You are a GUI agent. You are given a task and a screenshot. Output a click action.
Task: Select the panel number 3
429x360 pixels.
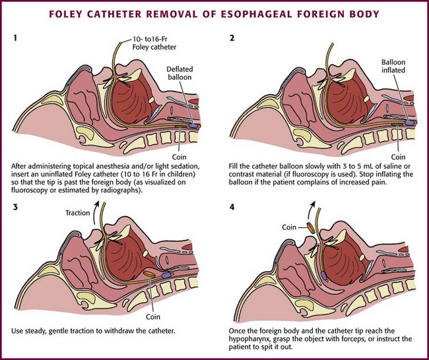(x=15, y=206)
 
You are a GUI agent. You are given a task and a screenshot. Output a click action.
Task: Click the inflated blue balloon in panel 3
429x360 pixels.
(x=166, y=271)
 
